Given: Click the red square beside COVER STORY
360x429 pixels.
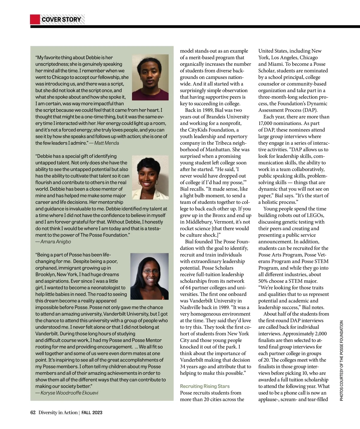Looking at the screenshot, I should point(35,20).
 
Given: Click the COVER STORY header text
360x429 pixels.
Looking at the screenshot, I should point(61,20).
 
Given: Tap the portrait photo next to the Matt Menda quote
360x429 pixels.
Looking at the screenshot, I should point(150,77).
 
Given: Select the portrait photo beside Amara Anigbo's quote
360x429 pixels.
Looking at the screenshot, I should point(150,177).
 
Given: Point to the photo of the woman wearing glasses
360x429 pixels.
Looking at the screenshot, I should point(149,276).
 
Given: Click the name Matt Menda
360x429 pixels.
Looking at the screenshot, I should point(106,143).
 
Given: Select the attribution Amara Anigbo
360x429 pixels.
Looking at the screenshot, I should point(55,242).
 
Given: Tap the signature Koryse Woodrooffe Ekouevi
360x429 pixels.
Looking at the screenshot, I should point(69,393).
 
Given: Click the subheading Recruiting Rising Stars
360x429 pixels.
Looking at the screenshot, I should point(205,386).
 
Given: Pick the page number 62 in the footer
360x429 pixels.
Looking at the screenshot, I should point(33,412).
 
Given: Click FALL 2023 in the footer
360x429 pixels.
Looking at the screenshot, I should point(92,412).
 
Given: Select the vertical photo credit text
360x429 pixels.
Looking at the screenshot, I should point(341,360).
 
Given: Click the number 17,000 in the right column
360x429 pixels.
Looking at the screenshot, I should point(266,123).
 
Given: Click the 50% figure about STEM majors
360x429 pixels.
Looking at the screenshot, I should point(263,281).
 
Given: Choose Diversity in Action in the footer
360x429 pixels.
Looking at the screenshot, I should point(58,412).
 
